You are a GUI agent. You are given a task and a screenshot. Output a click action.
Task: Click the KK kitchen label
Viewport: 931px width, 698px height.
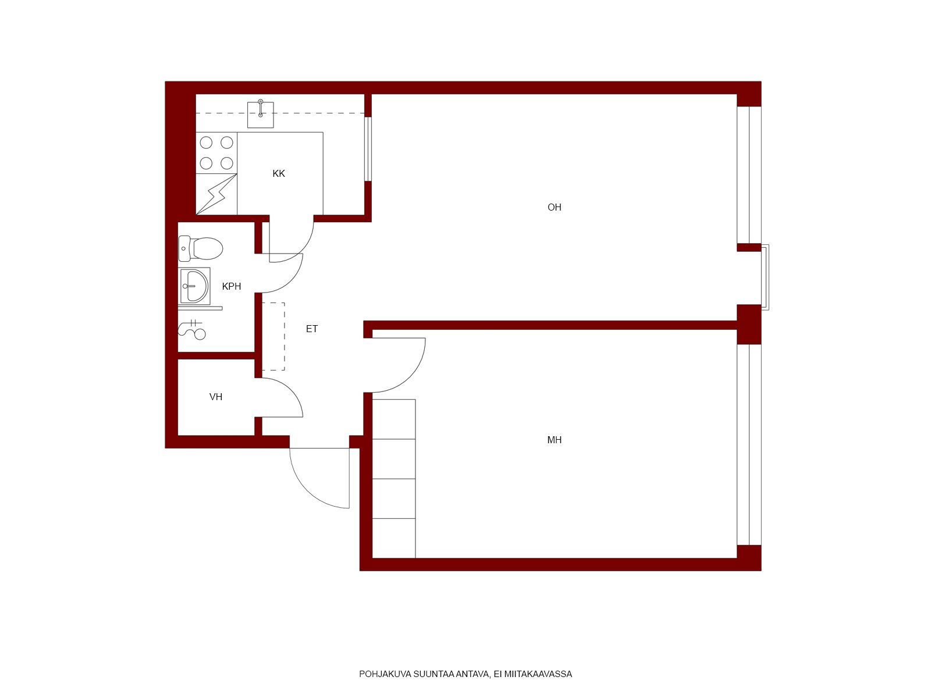coord(279,173)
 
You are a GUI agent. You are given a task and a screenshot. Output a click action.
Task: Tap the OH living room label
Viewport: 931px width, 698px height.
coord(555,207)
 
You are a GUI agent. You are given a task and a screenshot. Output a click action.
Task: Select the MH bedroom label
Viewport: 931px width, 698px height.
coord(555,440)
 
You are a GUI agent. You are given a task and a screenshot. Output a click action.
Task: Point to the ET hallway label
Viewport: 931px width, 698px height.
coord(312,329)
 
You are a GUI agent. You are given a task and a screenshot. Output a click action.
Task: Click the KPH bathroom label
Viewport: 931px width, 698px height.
coord(232,287)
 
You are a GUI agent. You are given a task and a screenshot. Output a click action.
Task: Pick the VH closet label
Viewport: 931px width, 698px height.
coord(216,397)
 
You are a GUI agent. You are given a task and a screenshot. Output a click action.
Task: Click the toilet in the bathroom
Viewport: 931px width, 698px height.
coord(201,248)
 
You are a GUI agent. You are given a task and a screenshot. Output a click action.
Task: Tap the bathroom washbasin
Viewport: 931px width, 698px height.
coord(195,286)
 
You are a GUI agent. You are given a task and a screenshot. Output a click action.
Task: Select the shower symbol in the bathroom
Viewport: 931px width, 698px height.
coord(192,329)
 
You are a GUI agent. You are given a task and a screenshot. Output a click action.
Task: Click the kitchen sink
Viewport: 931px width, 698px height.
coord(261,113)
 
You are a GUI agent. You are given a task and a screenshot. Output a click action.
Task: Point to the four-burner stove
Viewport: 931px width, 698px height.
coord(216,152)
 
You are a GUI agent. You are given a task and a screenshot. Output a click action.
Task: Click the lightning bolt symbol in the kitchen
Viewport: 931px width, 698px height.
coord(217,194)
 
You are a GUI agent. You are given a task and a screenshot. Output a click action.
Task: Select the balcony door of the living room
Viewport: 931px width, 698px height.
coord(765,277)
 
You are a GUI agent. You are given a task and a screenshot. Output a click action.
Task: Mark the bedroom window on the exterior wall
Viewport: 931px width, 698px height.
coord(749,444)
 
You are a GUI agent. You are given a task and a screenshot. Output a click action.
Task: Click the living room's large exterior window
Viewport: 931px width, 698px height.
coord(749,174)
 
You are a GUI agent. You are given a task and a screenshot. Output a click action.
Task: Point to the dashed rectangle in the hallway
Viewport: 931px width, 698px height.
coord(273,337)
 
